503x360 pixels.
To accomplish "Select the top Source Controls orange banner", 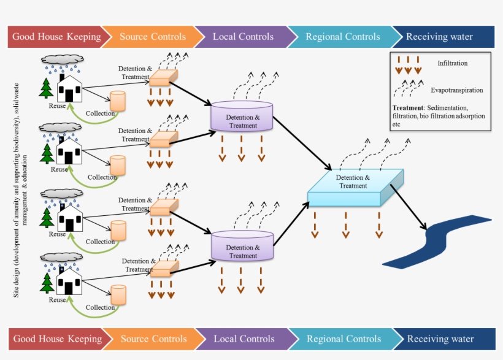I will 151,37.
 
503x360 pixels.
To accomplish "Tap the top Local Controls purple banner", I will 243,37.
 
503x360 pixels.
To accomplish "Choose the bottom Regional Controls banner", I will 344,339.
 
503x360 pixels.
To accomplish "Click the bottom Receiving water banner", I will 440,339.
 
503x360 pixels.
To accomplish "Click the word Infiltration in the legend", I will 452,63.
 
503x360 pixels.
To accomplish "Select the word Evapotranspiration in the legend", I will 457,90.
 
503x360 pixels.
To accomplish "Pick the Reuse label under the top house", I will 58,106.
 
